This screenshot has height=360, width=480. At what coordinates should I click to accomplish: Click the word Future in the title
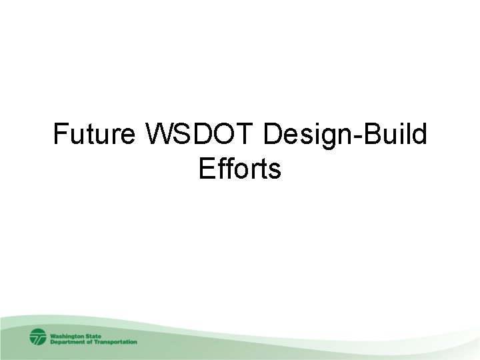point(95,135)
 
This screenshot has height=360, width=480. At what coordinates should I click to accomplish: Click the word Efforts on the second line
point(240,169)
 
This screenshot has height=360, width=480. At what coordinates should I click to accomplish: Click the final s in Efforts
point(275,171)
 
